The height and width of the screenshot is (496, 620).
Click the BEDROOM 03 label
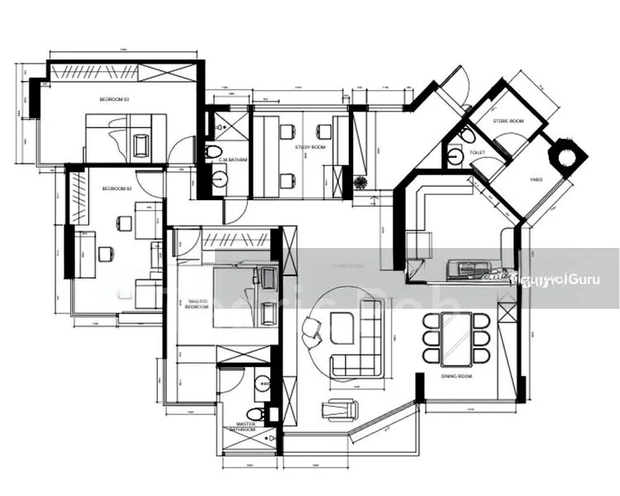[115, 99]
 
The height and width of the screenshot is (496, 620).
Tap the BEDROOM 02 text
[116, 188]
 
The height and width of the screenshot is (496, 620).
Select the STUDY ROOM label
[310, 147]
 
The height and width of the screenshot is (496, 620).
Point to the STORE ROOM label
[508, 122]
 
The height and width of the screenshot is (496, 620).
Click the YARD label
[536, 179]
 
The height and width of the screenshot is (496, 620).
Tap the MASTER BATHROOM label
[246, 427]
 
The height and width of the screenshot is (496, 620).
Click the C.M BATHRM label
[234, 160]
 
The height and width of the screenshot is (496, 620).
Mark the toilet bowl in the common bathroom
[213, 151]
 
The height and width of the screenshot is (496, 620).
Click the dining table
[456, 339]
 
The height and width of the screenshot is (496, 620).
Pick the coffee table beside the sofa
[340, 328]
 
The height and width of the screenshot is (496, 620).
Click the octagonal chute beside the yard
[567, 155]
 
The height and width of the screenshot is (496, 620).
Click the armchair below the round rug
[339, 408]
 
